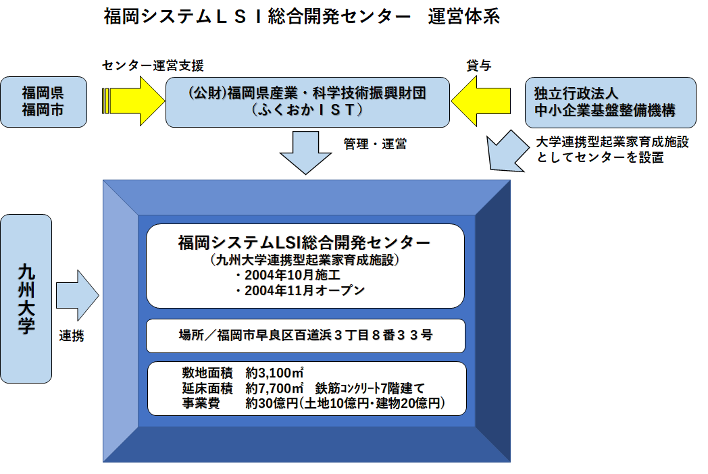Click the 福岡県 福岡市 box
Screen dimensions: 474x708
coord(44,101)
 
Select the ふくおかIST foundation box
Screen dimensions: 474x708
coord(307,101)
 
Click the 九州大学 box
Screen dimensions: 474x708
coord(26,299)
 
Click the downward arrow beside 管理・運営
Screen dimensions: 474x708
coord(307,153)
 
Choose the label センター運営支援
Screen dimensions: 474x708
coord(153,65)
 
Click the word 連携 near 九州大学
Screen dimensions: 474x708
coord(72,336)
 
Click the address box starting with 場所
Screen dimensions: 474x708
coord(305,336)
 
